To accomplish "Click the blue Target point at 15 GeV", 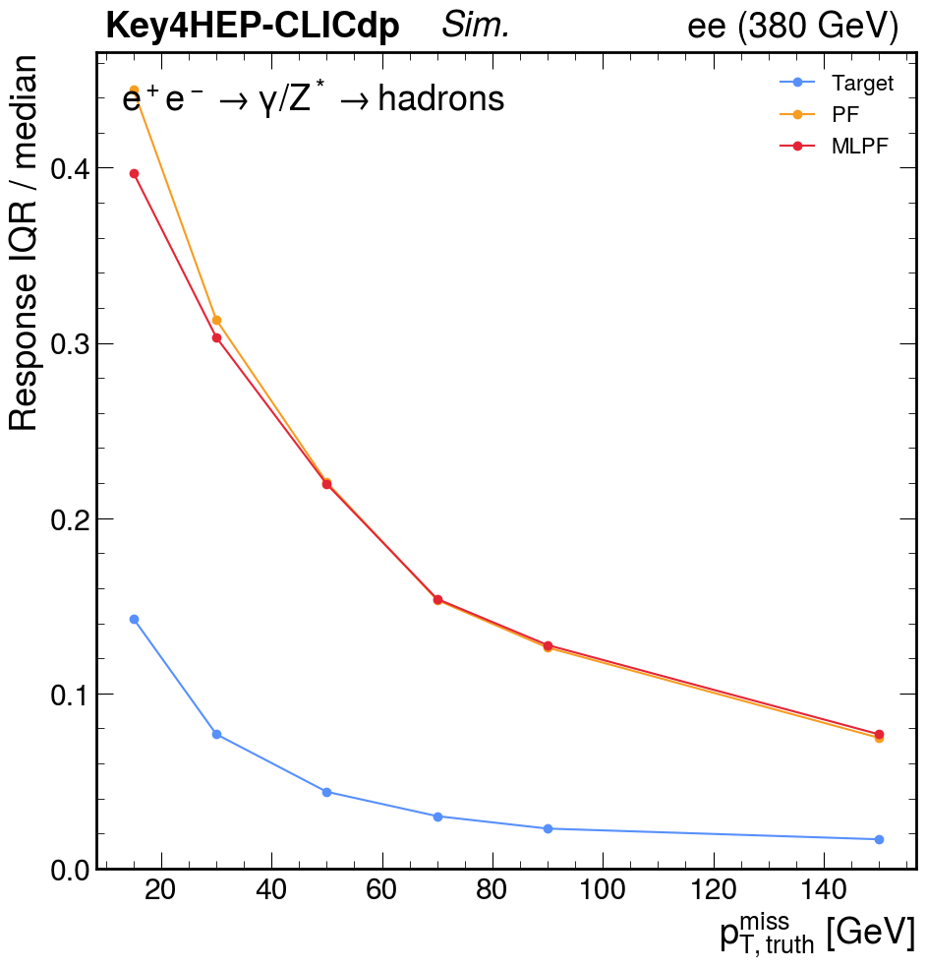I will coord(134,619).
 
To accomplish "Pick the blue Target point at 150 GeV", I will coord(879,839).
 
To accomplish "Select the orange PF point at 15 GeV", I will coord(134,91).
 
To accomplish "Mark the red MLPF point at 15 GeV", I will coord(134,174).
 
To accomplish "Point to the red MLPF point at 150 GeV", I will coord(879,734).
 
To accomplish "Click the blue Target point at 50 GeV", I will coord(326,792).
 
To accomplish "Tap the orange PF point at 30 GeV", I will coord(216,320).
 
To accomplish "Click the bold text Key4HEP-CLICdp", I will coord(253,28).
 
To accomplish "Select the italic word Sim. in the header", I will coord(476,28).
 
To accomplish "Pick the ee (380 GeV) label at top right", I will coord(792,28).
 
